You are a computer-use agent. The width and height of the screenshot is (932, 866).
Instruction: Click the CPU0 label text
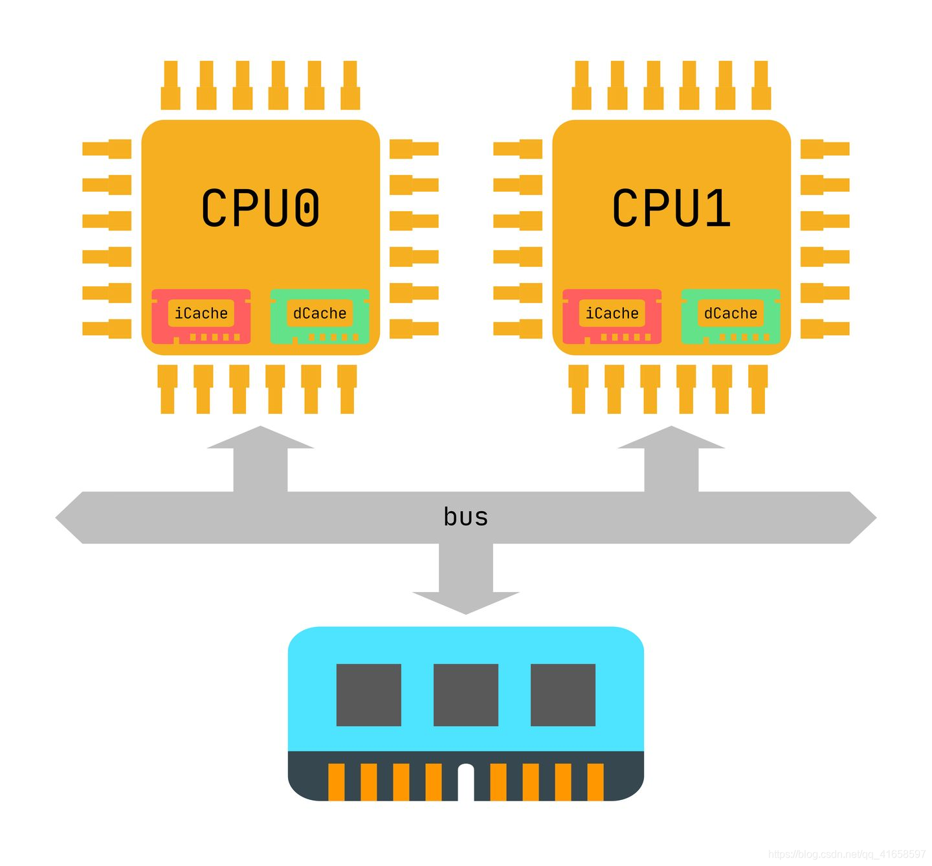(260, 208)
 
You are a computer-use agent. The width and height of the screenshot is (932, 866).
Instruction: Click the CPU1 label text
(671, 208)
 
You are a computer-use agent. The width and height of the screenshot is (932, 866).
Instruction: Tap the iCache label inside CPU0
(201, 313)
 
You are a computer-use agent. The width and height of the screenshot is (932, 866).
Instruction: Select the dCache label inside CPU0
(320, 313)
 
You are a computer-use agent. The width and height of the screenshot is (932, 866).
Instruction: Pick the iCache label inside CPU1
(612, 313)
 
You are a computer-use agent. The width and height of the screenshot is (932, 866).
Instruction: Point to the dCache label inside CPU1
(731, 313)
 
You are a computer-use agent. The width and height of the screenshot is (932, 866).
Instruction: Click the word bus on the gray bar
(466, 517)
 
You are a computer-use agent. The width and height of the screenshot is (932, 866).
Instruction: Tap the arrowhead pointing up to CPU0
(260, 439)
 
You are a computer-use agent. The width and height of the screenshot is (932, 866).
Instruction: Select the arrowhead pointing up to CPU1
(671, 439)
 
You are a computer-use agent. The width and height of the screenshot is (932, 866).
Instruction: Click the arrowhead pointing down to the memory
(466, 602)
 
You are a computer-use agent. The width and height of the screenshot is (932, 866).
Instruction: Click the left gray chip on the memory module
(369, 694)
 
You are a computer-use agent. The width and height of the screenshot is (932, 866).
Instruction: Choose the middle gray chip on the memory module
(466, 694)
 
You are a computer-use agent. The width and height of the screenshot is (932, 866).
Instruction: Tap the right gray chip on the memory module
(563, 694)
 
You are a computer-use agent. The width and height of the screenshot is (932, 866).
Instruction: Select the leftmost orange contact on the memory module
(337, 782)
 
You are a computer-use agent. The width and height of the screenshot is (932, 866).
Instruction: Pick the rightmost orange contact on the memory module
(595, 782)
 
